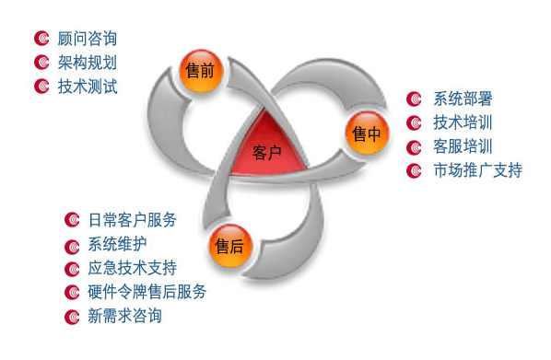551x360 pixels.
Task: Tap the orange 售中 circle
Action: pos(364,134)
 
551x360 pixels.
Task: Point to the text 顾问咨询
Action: pos(87,39)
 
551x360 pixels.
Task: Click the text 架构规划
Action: pos(87,63)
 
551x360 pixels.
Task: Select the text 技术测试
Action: pos(87,87)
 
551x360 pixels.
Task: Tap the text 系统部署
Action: pos(463,99)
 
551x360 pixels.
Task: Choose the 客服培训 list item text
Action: pos(463,146)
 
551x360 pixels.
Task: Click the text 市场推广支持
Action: pos(477,170)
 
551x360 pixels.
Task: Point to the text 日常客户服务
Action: pos(132,220)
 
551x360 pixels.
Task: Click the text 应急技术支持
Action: pos(132,268)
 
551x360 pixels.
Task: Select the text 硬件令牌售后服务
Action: pos(147,292)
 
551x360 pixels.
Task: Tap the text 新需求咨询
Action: pos(124,317)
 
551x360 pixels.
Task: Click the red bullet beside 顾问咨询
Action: pos(41,39)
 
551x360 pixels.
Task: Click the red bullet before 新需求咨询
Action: pos(72,317)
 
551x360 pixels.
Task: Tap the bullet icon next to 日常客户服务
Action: pos(72,220)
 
